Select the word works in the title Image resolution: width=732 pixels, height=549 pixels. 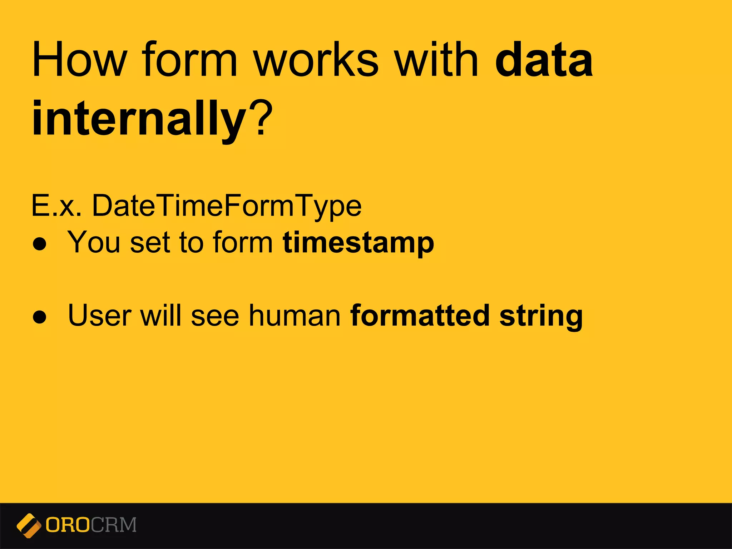point(316,59)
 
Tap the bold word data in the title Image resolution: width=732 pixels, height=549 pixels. point(544,59)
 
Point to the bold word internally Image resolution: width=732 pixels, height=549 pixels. point(139,118)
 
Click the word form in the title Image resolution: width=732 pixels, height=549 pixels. point(189,59)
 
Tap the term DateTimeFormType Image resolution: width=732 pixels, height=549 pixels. point(227,207)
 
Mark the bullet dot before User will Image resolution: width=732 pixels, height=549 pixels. point(39,317)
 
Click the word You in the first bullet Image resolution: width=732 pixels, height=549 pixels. point(94,243)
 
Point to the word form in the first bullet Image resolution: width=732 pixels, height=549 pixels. point(243,243)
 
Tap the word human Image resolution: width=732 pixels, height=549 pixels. point(295,316)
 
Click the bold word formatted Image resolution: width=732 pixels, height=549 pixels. point(420,316)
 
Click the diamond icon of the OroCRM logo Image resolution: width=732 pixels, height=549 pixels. point(29,525)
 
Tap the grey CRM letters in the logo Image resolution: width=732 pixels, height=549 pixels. point(114,525)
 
